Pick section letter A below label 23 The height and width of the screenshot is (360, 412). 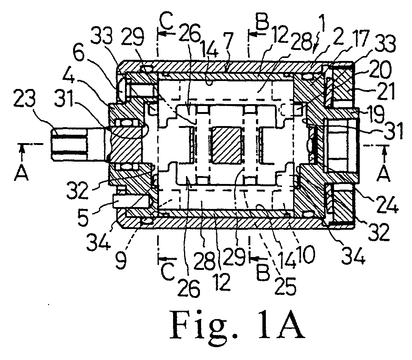(22, 173)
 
